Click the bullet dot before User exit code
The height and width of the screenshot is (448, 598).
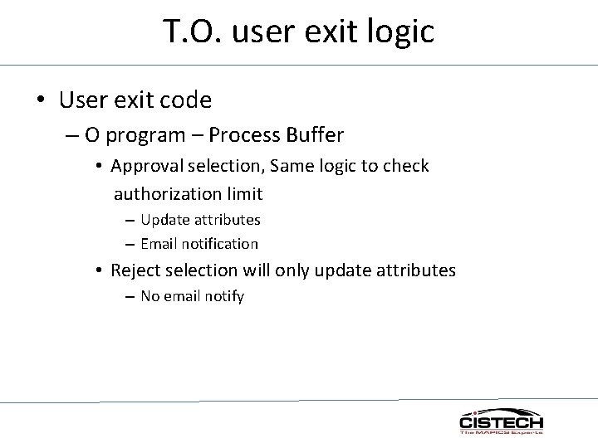pyautogui.click(x=41, y=101)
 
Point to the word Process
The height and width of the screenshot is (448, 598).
pyautogui.click(x=248, y=134)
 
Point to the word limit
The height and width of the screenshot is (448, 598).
pyautogui.click(x=240, y=194)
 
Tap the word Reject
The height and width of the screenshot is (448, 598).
pyautogui.click(x=135, y=270)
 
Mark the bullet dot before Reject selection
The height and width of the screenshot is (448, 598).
pyautogui.click(x=98, y=270)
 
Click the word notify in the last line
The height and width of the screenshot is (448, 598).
pyautogui.click(x=225, y=296)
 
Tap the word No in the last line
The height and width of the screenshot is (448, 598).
pyautogui.click(x=150, y=296)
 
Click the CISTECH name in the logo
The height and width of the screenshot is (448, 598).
pyautogui.click(x=502, y=422)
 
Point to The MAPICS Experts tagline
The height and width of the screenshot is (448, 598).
pyautogui.click(x=502, y=432)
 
